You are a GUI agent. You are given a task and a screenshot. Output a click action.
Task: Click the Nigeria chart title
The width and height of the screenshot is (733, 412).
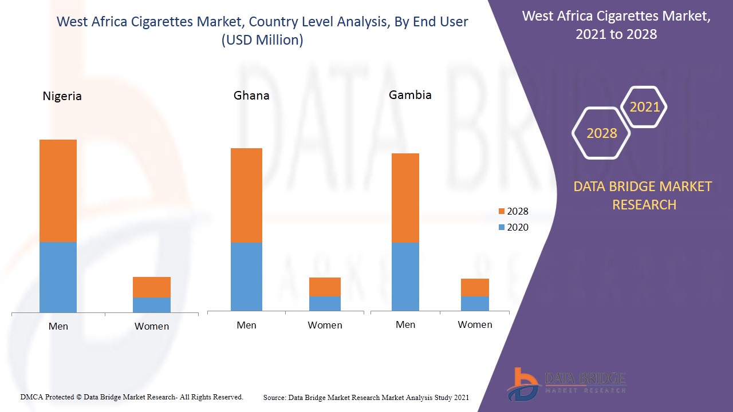(62, 96)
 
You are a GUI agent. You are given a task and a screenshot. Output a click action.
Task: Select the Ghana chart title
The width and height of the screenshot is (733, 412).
(251, 96)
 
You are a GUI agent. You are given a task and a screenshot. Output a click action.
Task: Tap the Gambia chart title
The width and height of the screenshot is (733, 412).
(410, 95)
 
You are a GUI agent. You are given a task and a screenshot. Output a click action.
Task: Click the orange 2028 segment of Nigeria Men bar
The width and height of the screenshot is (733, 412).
(58, 191)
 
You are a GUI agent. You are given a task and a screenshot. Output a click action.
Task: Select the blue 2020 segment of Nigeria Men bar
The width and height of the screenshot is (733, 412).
(58, 277)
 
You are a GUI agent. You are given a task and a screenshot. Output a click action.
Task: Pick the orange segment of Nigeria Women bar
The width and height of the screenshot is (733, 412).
(152, 287)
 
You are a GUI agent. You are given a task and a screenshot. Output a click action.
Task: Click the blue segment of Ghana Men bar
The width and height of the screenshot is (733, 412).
(246, 276)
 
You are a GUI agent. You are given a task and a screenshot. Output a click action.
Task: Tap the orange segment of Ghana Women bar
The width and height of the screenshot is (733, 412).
(325, 287)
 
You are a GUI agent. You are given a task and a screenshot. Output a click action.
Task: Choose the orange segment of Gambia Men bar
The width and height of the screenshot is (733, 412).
(405, 198)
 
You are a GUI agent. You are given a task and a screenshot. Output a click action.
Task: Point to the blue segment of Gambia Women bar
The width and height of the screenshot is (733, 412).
(475, 303)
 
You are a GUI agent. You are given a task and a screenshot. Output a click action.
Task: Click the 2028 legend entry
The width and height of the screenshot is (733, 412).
(513, 211)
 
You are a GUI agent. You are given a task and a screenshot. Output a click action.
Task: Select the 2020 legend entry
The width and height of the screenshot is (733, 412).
(513, 227)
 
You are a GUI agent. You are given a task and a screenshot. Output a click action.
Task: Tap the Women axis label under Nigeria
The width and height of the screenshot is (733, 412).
(152, 326)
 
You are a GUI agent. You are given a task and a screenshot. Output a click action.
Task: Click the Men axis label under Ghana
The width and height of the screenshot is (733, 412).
(246, 325)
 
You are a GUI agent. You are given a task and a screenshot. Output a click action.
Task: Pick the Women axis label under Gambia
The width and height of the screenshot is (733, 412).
(475, 324)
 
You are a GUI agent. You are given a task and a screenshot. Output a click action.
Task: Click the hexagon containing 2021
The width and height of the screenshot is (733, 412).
(644, 107)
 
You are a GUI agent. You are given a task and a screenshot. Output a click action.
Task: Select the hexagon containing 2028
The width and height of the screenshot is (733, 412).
(601, 133)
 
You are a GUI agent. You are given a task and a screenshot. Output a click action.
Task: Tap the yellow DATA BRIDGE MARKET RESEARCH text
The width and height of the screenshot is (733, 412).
(644, 195)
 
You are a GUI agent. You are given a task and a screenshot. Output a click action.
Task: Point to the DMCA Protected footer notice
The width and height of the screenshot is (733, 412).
(132, 397)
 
